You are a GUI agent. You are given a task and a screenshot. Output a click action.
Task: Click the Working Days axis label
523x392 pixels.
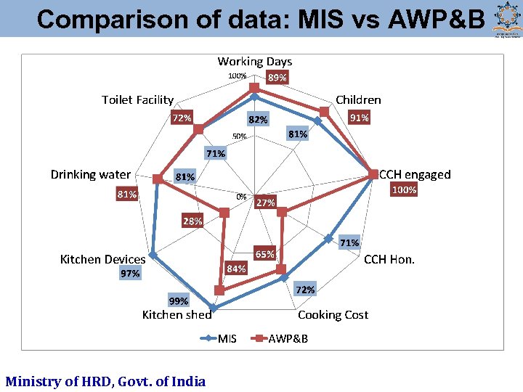[x=254, y=62]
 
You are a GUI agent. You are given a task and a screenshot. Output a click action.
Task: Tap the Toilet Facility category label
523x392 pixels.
[x=137, y=99]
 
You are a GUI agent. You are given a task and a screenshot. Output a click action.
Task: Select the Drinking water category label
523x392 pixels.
[x=90, y=174]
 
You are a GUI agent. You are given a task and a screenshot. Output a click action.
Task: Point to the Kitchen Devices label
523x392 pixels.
[x=102, y=259]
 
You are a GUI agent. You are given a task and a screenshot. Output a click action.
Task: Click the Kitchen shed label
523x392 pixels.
[x=177, y=314]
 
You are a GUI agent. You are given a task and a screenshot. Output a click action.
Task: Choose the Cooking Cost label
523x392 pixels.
[x=333, y=314]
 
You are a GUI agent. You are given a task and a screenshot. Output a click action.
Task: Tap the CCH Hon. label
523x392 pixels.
[x=389, y=259]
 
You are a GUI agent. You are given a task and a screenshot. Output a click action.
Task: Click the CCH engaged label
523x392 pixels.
[x=415, y=174]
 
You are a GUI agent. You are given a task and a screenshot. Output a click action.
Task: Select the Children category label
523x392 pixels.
[x=358, y=99]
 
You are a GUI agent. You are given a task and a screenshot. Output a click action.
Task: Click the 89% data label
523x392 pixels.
[x=277, y=77]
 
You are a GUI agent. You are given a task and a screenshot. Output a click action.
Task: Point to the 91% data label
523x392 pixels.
[x=359, y=118]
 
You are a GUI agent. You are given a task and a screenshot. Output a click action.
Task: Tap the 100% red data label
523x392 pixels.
[x=404, y=190]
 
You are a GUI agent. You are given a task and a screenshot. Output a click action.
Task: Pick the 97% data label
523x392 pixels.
[x=131, y=274]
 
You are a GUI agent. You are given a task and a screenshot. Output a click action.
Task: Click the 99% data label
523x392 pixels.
[x=178, y=301]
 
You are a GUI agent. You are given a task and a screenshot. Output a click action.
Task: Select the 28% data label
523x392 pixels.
[x=192, y=221]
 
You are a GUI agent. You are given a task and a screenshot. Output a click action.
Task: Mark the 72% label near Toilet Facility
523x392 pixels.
[x=182, y=118]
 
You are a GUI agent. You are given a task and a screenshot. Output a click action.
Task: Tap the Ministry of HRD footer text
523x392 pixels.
[x=105, y=381]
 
